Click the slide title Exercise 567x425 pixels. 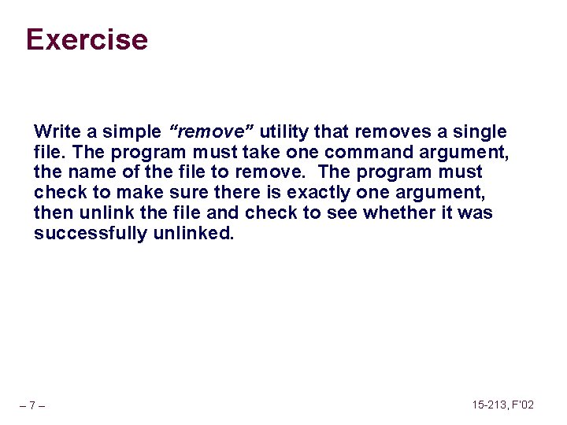[x=87, y=39]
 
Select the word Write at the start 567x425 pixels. [x=53, y=131]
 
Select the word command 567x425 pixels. [x=366, y=151]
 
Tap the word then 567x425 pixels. [x=51, y=213]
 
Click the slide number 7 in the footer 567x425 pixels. [x=32, y=406]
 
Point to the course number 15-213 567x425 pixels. [x=491, y=405]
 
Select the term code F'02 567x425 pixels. [x=524, y=405]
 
